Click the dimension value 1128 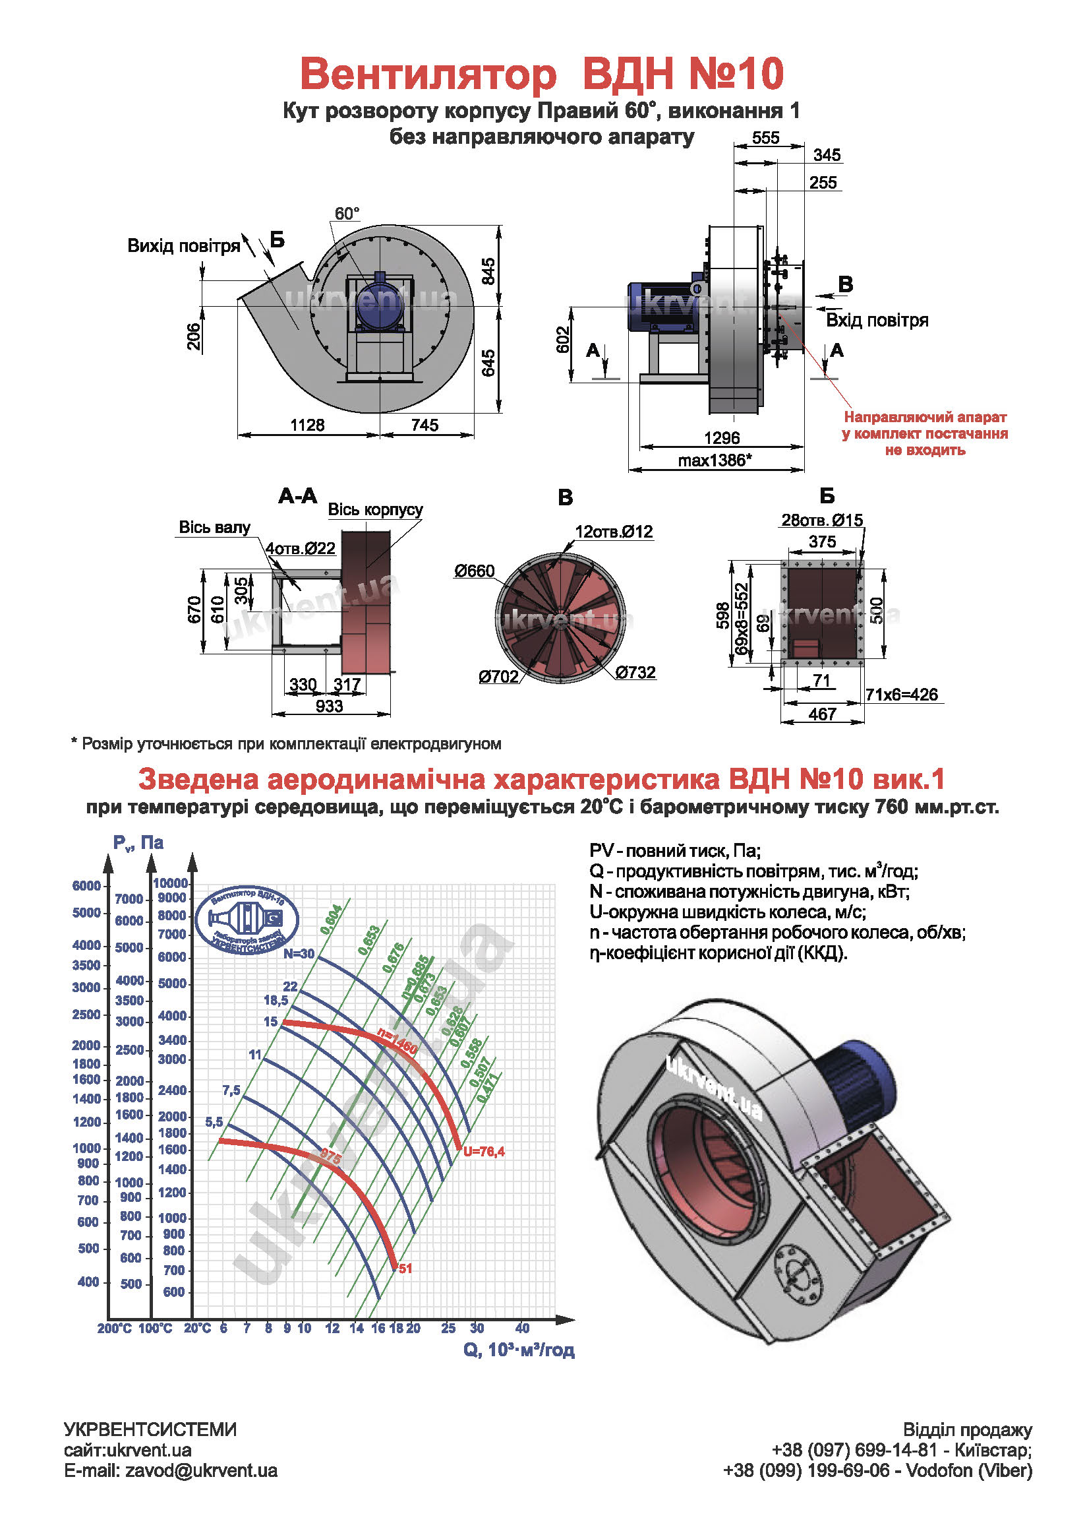(x=307, y=425)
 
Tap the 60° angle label (x=347, y=213)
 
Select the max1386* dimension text (x=714, y=460)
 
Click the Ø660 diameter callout (x=475, y=571)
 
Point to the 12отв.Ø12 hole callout (x=613, y=532)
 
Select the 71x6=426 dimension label (x=901, y=695)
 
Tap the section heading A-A (x=297, y=496)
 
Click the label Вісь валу (x=214, y=527)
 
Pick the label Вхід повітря (x=877, y=320)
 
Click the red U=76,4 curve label (x=484, y=1151)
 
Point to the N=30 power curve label (x=298, y=954)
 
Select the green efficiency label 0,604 (x=331, y=920)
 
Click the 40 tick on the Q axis (x=522, y=1329)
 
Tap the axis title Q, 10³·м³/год (x=519, y=1350)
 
